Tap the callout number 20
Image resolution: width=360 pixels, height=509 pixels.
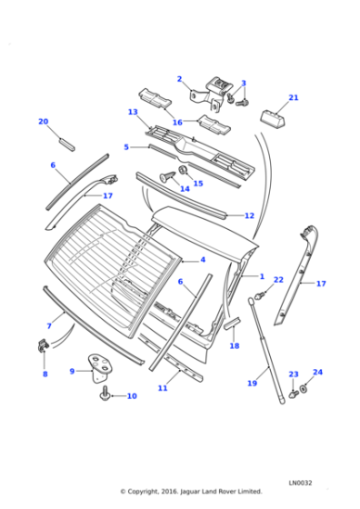coord(43,121)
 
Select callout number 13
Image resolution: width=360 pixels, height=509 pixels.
coord(133,113)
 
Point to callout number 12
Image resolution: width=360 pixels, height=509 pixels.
coord(249,216)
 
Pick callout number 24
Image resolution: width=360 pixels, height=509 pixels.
coord(317,373)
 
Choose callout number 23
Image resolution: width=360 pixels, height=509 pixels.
coord(293,374)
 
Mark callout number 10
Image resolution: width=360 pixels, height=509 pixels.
coord(131,396)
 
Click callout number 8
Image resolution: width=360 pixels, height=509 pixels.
coord(45,374)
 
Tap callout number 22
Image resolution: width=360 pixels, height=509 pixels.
coord(278,280)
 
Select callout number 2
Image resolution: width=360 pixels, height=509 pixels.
coord(179,79)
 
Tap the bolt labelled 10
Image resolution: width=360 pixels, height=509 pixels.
coord(106,393)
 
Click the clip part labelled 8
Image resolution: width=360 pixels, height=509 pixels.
coord(44,345)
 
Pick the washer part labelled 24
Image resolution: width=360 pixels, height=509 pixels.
coord(303,389)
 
